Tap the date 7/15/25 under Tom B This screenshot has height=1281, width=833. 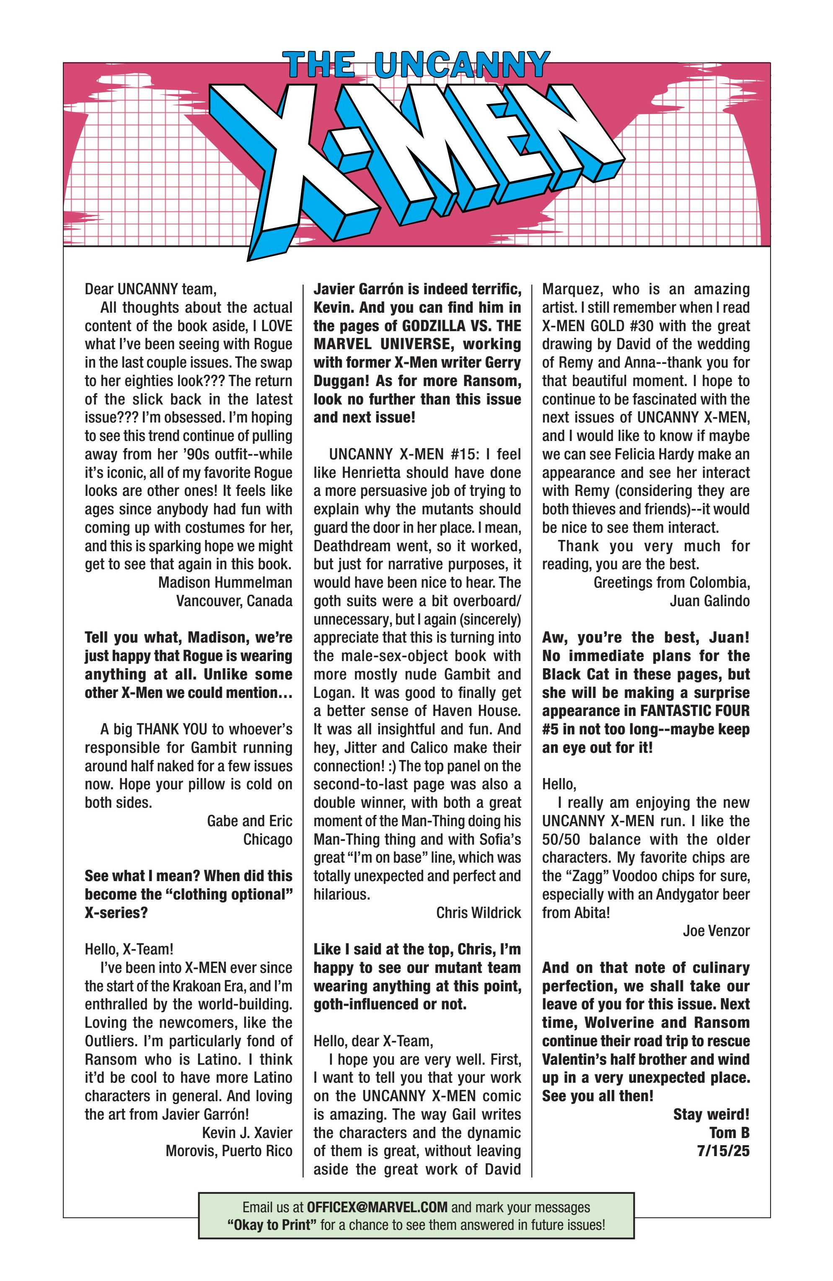click(x=723, y=1151)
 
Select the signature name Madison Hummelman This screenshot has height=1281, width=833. click(x=225, y=582)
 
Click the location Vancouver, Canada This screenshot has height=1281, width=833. click(x=234, y=601)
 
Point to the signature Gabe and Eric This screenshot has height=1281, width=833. click(x=249, y=821)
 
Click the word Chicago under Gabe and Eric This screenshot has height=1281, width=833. click(x=267, y=839)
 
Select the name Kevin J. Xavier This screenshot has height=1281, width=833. click(x=247, y=1133)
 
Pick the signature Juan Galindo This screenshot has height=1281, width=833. click(x=709, y=601)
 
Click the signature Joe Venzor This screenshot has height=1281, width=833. click(x=716, y=931)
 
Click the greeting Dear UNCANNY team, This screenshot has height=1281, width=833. click(x=150, y=289)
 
